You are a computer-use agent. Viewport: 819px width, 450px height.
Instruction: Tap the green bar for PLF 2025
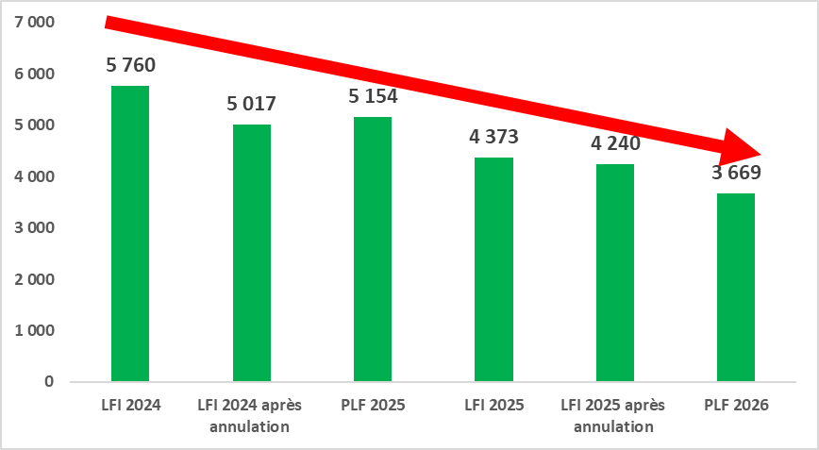[372, 249]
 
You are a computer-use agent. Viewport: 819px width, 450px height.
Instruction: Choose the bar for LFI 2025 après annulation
[614, 273]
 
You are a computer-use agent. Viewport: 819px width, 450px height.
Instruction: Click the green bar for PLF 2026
[736, 288]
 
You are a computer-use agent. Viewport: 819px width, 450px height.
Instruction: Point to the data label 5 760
[130, 66]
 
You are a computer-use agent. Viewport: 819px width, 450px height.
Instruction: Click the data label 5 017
[251, 104]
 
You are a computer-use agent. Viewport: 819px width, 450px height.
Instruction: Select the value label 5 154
[373, 96]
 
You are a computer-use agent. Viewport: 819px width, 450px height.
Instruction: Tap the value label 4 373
[493, 137]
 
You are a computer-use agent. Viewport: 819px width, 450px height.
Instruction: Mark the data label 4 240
[615, 143]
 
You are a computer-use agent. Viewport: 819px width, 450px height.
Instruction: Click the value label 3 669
[736, 173]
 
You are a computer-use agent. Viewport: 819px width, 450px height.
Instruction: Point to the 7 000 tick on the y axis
[34, 23]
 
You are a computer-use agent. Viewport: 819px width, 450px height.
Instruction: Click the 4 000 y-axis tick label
[34, 176]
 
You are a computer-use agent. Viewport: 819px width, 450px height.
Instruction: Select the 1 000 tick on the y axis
[34, 331]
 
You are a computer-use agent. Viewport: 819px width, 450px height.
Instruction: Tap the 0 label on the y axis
[48, 382]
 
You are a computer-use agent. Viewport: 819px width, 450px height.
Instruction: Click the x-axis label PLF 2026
[736, 406]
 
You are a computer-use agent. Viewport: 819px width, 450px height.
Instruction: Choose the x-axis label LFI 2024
[130, 406]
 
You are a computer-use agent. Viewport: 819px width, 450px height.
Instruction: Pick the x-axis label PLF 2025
[372, 406]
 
